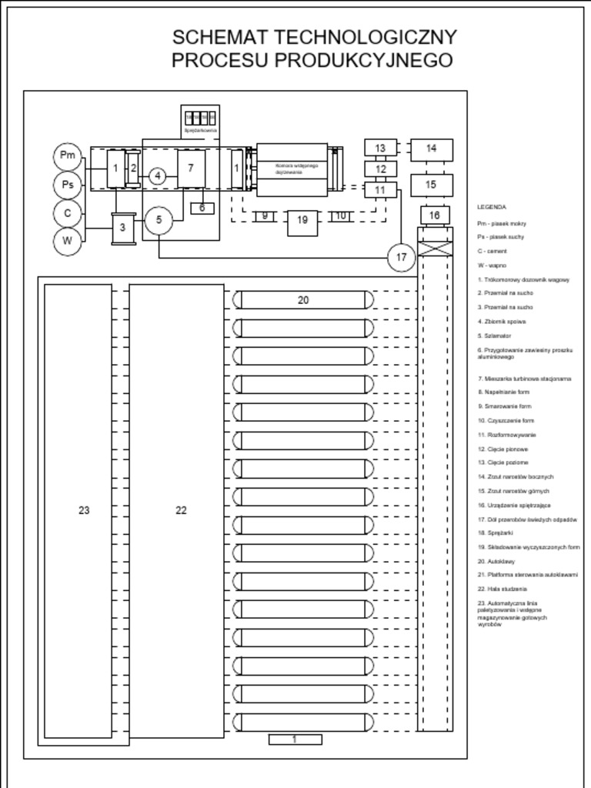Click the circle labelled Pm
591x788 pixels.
pos(68,156)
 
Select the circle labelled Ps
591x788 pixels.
pos(68,185)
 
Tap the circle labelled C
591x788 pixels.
pos(68,213)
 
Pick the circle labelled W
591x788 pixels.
pos(68,241)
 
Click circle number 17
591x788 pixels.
pos(401,258)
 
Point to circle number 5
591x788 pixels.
pos(159,220)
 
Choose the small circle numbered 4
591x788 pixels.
pos(158,176)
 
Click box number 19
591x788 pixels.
pos(302,221)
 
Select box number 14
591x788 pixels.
pos(431,149)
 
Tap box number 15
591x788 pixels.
pos(431,185)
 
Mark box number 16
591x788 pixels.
pos(435,215)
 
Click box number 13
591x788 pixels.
pos(380,148)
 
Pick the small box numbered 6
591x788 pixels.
pos(202,208)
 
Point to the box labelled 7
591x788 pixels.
pos(191,168)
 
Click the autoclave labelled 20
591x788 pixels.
pos(303,300)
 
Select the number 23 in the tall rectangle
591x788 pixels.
pos(84,510)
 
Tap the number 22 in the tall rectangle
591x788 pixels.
pos(181,510)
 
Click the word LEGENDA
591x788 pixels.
pos(492,207)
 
